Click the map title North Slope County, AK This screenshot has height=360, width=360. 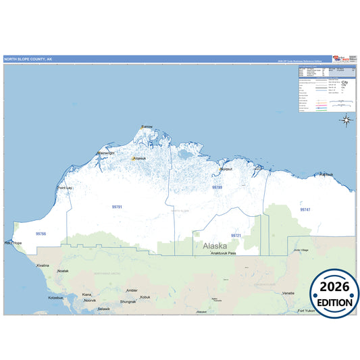[28, 59]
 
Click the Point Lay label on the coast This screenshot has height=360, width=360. [65, 188]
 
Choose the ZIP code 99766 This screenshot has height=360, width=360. [41, 233]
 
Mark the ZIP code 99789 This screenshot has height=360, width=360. [217, 187]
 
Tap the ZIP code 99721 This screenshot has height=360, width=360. [236, 235]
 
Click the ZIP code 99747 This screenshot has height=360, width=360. [305, 210]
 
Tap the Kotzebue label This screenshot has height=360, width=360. [56, 297]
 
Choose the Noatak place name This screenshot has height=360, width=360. [63, 271]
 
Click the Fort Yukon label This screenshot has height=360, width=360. [308, 311]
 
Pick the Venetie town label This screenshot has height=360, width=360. [288, 293]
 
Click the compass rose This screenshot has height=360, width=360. [346, 121]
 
